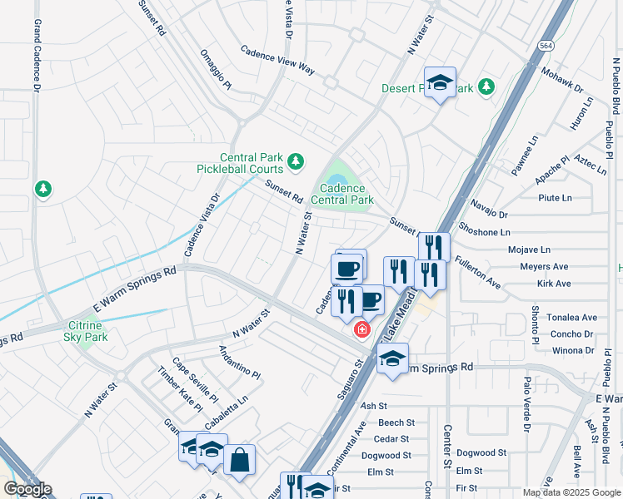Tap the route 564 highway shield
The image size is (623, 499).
[546, 47]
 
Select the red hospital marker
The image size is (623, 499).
[361, 329]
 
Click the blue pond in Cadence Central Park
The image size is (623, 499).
[337, 180]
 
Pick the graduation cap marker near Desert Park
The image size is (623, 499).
[439, 82]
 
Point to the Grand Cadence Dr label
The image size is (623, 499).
[37, 57]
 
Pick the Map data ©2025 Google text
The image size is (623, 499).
[571, 492]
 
